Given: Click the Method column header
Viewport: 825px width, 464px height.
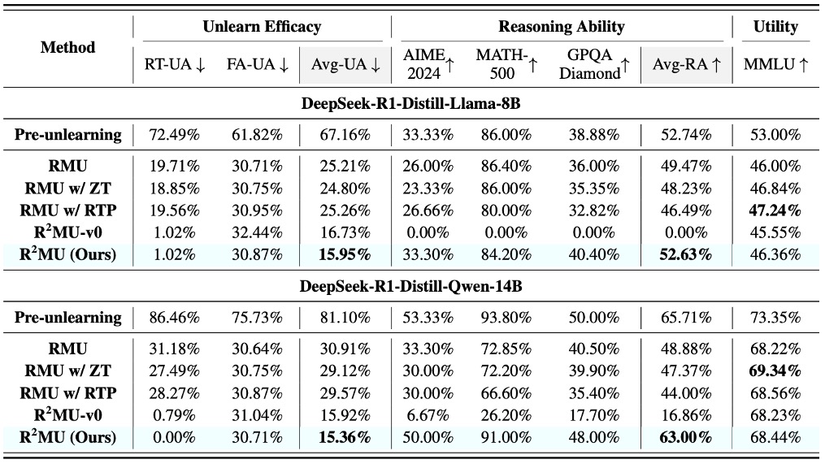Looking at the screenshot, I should [67, 47].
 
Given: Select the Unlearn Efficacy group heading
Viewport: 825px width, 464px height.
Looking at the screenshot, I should [262, 27].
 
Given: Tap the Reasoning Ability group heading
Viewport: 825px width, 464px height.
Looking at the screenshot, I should [561, 27].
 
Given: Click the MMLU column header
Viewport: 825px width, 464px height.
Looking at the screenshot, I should [775, 66].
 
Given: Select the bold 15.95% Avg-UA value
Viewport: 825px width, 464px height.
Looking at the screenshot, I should [342, 254].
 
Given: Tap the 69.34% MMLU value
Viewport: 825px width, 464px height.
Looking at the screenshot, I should [775, 371].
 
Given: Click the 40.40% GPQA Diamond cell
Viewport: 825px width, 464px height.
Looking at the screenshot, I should [590, 254].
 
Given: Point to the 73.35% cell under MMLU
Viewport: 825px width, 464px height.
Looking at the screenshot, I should [775, 318].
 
